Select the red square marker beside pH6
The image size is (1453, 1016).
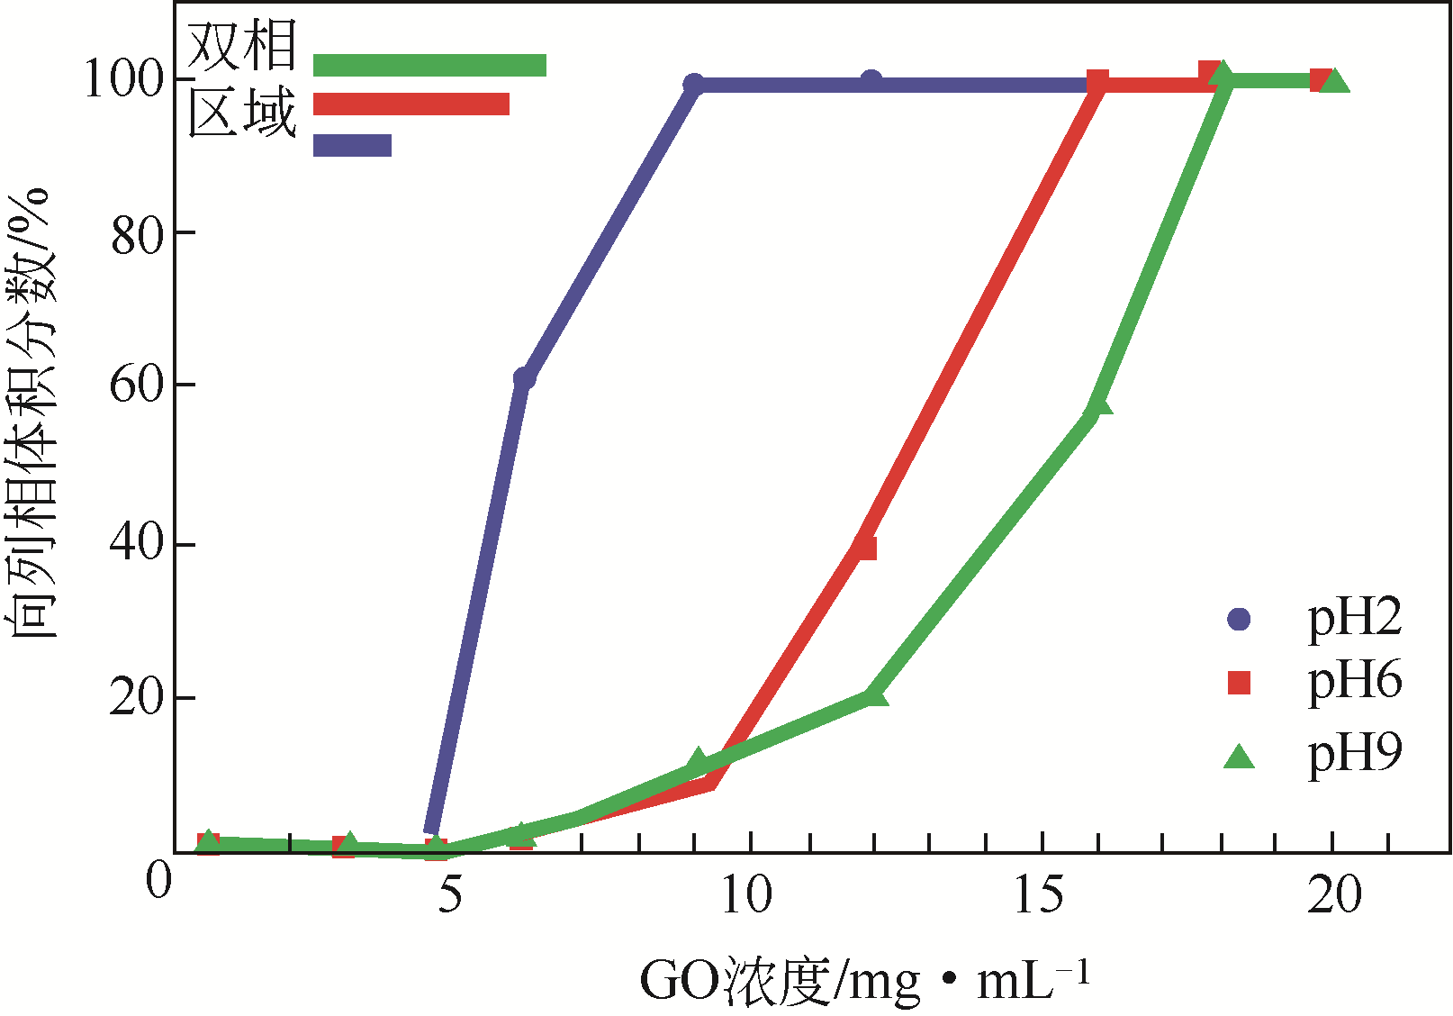(x=1240, y=683)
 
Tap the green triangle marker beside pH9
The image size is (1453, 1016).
(x=1240, y=756)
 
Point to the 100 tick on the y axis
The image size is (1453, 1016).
(x=126, y=79)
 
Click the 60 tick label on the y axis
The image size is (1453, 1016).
(x=138, y=385)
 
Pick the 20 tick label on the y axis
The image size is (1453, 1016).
(x=138, y=698)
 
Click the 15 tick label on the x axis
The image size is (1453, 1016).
(x=1039, y=896)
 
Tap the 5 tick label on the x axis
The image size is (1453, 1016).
(x=449, y=896)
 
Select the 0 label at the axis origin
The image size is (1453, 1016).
(x=158, y=882)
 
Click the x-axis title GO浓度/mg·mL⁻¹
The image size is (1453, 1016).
(x=864, y=982)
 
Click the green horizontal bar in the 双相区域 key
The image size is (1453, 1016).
(x=429, y=65)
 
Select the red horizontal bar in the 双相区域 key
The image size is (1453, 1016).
(x=411, y=104)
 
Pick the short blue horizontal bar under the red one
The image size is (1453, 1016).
(x=352, y=145)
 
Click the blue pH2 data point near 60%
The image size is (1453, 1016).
(x=524, y=378)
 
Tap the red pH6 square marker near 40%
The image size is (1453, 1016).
(x=865, y=548)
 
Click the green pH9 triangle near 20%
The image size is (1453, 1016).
(x=873, y=694)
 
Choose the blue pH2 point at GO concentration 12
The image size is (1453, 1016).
(x=871, y=82)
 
